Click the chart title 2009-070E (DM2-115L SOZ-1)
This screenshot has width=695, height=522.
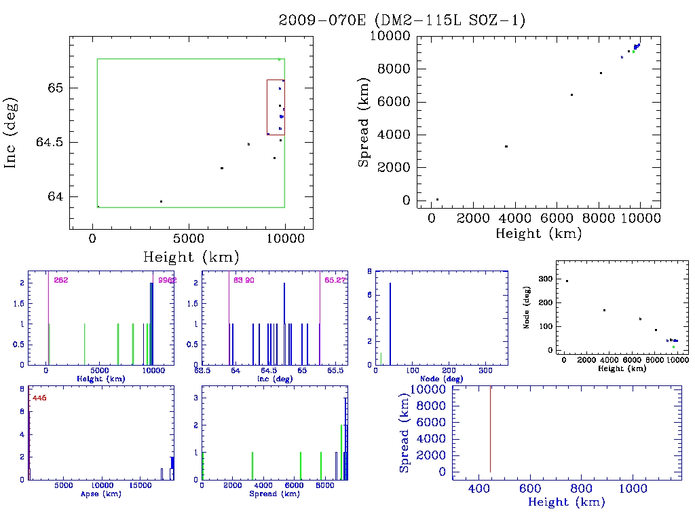[402, 20]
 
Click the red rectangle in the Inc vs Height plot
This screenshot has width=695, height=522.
[267, 107]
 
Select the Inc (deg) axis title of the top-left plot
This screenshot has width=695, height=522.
[12, 132]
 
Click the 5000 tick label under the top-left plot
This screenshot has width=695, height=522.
[189, 239]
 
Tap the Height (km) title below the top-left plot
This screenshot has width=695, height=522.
[191, 257]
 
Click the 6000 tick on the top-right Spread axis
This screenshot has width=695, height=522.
[394, 102]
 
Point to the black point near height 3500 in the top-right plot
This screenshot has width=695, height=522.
[506, 146]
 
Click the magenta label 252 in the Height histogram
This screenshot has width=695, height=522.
[61, 279]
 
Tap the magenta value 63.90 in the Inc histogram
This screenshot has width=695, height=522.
[244, 279]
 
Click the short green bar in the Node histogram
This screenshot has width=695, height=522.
[381, 359]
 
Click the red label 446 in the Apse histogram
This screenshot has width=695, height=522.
[39, 398]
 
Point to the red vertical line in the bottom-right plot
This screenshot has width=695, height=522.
[490, 428]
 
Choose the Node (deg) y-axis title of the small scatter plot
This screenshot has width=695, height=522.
[526, 312]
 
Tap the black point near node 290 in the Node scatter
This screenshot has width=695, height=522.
[567, 281]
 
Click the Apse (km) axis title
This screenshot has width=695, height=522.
[100, 493]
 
